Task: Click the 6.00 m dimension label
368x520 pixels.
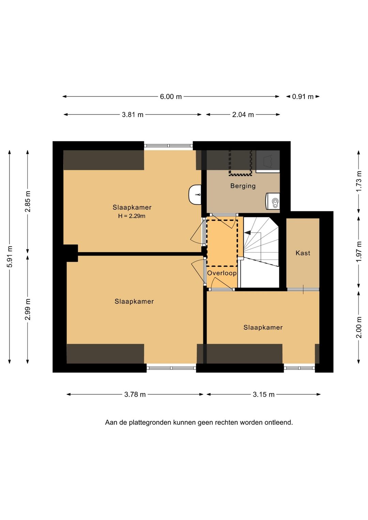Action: (x=171, y=96)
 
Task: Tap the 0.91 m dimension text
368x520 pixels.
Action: (x=303, y=96)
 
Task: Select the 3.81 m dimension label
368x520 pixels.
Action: (x=133, y=115)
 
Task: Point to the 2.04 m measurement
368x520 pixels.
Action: (x=243, y=115)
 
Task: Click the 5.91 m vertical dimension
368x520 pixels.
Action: (x=10, y=257)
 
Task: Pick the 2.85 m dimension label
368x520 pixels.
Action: (x=28, y=201)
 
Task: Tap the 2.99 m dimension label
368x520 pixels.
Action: (x=28, y=309)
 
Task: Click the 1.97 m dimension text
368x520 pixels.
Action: (x=359, y=251)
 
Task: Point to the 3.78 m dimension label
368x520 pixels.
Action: (x=135, y=394)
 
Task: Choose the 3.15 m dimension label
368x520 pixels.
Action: (x=264, y=394)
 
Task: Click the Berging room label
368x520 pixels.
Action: (x=243, y=186)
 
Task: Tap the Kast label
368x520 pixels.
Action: (x=303, y=253)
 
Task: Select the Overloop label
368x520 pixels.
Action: (x=222, y=273)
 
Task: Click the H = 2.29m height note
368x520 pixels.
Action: (x=132, y=216)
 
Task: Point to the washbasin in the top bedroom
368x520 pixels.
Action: (x=195, y=195)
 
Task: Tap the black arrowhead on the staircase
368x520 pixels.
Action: (x=247, y=232)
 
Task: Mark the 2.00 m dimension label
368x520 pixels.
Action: (x=359, y=327)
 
